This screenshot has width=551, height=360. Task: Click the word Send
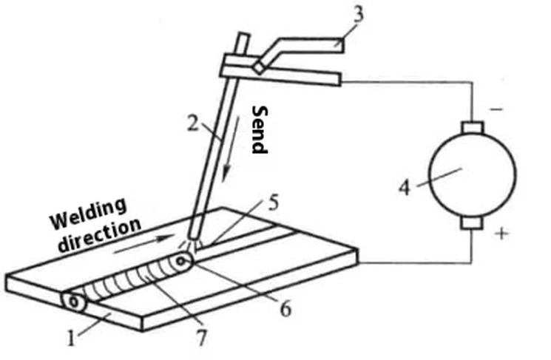click(x=258, y=129)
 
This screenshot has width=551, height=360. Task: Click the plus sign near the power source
click(x=502, y=234)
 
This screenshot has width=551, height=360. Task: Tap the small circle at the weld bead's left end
click(x=74, y=302)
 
